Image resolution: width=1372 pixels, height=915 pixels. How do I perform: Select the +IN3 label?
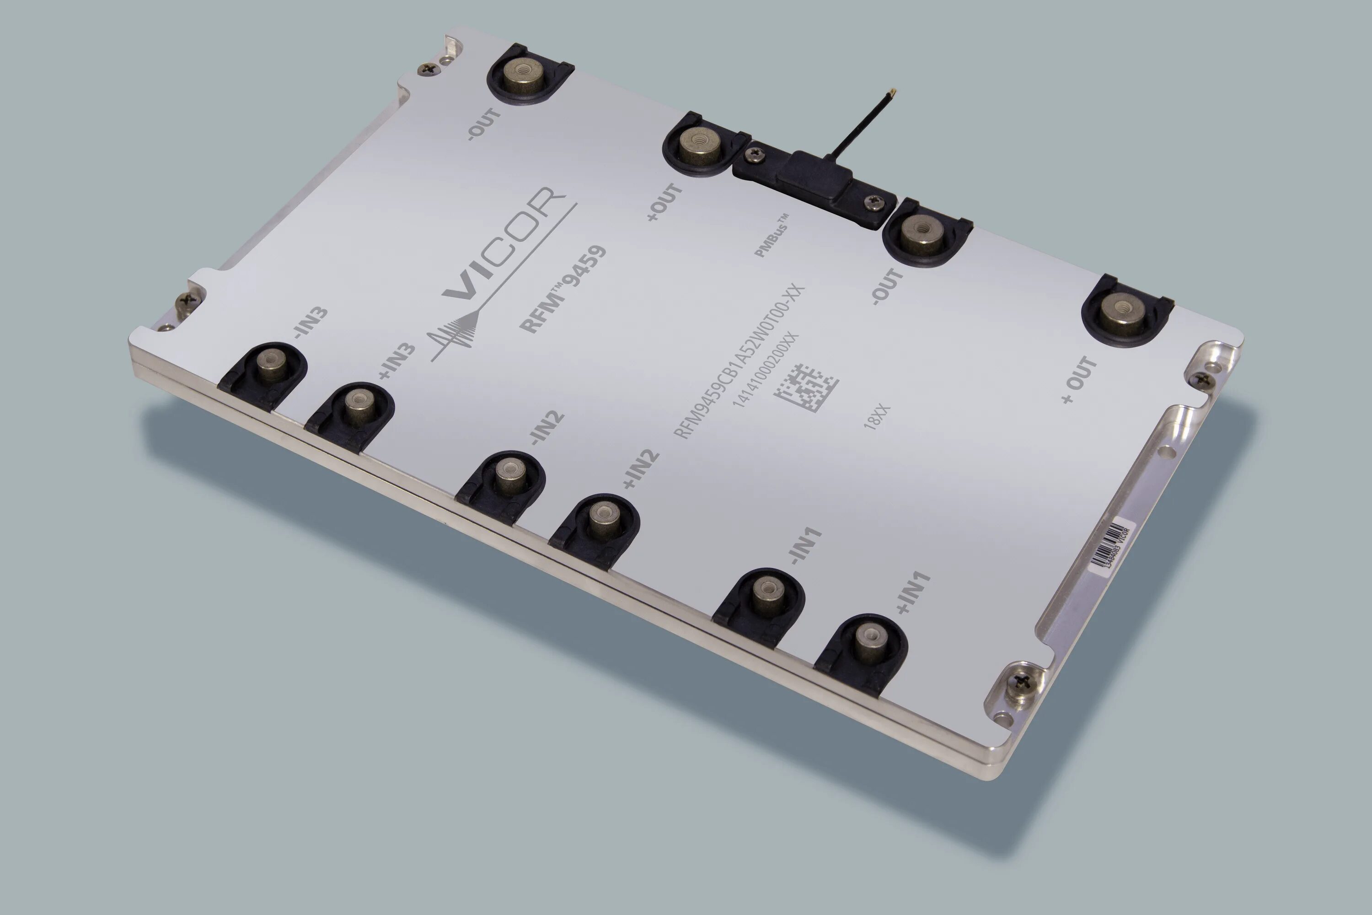(x=397, y=362)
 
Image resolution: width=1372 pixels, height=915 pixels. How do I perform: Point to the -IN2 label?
(x=546, y=430)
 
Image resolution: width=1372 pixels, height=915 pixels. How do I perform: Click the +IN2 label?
(x=641, y=469)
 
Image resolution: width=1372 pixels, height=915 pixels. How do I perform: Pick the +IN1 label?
(x=913, y=593)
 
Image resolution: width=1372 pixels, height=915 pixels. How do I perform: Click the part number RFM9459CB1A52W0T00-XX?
(x=740, y=361)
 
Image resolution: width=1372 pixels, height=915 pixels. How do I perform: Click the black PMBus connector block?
(x=811, y=175)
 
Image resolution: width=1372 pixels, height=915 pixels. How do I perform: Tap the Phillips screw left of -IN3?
(x=186, y=299)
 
